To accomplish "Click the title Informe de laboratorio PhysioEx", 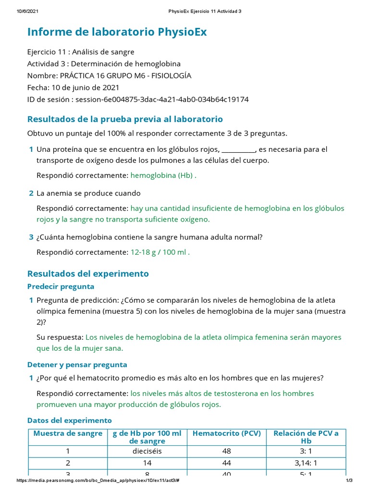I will click(x=117, y=32).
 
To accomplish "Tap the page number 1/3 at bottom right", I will click(x=349, y=481).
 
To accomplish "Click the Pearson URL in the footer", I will click(x=98, y=481).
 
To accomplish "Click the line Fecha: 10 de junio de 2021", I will click(x=74, y=87).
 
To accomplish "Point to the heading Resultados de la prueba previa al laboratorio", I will click(x=125, y=119).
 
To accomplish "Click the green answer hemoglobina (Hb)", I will click(x=163, y=175).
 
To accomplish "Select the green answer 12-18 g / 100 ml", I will click(x=160, y=252).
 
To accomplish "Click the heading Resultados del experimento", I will click(x=88, y=274).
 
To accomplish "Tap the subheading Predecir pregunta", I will click(x=61, y=286).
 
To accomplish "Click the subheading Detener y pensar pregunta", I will click(x=77, y=365).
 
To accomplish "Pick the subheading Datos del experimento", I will click(x=70, y=420).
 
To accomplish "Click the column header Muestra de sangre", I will click(x=68, y=433).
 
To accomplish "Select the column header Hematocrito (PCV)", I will click(x=226, y=433).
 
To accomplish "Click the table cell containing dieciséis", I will click(x=147, y=451).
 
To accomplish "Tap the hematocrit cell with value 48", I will click(x=226, y=451).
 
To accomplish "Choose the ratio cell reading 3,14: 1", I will click(x=306, y=463).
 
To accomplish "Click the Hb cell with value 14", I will click(x=147, y=463).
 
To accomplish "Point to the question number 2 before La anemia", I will click(x=31, y=193).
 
